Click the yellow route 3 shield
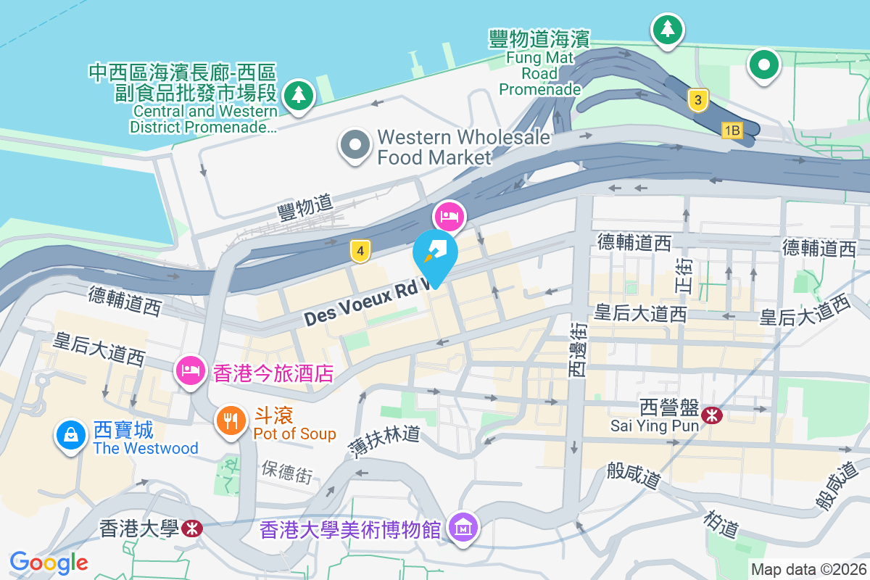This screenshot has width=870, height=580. tap(697, 101)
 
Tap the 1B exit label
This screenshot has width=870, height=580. tap(732, 130)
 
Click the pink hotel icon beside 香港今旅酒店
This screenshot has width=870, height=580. tap(189, 370)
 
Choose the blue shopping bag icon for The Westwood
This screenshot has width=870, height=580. tap(71, 435)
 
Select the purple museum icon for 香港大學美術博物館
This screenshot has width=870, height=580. tap(462, 529)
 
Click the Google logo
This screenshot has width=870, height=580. tap(49, 562)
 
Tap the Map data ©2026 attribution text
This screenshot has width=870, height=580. tap(808, 569)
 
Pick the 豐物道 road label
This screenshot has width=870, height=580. tap(304, 209)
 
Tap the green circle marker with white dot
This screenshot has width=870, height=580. tap(763, 65)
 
